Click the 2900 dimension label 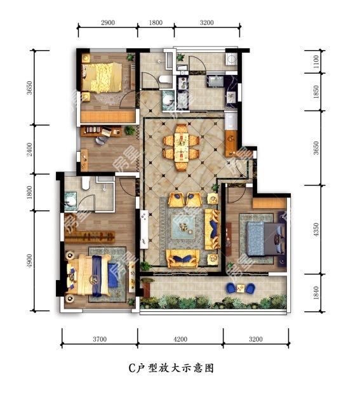[107, 23]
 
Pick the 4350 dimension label [316, 229]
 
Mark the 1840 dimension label [316, 293]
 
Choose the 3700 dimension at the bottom [99, 340]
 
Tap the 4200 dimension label [180, 340]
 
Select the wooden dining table [182, 145]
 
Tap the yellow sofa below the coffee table [183, 256]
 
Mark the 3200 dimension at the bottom [255, 340]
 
